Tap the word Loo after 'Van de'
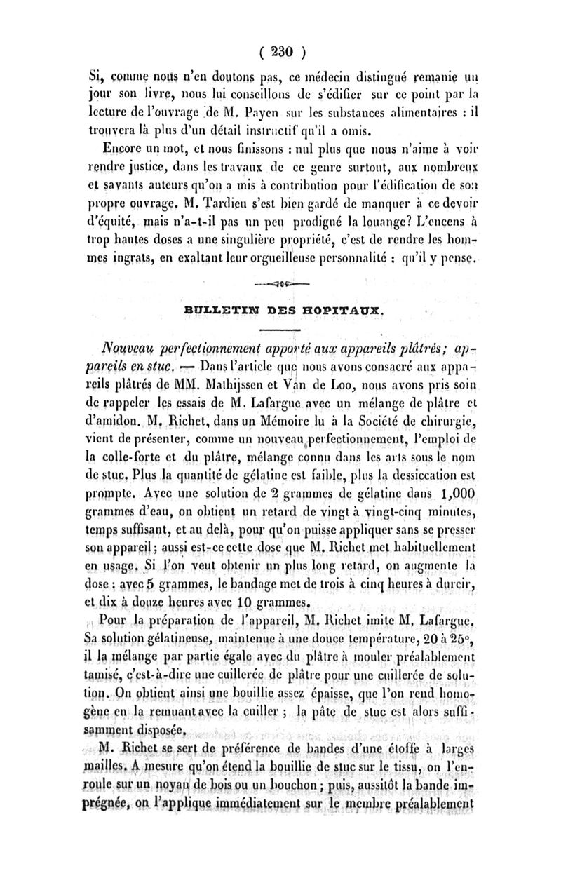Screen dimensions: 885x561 pos(381,384)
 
